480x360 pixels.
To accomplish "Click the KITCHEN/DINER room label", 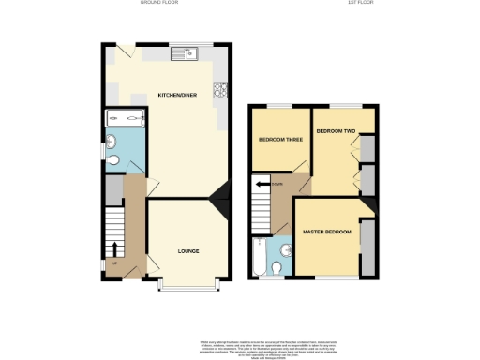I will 176,95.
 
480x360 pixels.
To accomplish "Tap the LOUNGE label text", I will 189,251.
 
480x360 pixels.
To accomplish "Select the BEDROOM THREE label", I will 279,140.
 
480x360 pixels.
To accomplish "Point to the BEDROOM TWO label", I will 337,132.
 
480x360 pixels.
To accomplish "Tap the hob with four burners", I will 222,91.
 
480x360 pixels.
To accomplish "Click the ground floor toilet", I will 115,160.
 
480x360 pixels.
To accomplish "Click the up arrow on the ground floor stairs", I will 115,247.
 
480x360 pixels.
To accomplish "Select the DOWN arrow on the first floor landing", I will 261,185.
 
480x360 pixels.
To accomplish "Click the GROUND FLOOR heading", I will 158,4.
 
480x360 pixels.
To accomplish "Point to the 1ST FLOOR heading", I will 359,4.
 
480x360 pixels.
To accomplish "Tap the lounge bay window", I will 189,281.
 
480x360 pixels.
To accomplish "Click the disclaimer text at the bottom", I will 240,348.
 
